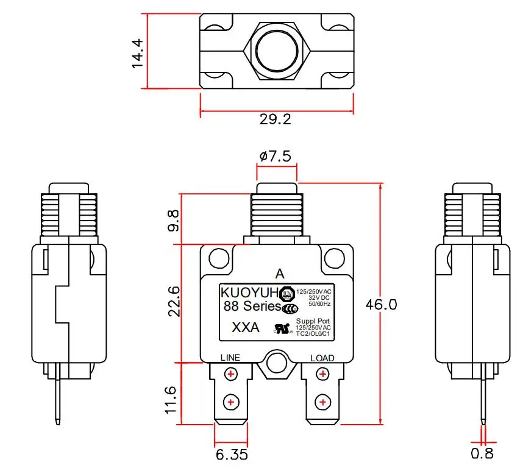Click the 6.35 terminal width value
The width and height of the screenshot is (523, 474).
tap(232, 454)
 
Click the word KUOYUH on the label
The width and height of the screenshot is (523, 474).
tap(249, 292)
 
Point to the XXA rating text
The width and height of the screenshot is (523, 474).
tap(246, 328)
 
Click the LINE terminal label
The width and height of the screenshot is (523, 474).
tap(230, 358)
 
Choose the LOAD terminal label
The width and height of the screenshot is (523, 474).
tap(322, 358)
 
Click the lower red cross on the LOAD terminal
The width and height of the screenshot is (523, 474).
tap(322, 402)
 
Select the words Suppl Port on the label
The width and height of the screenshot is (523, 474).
tap(313, 321)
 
